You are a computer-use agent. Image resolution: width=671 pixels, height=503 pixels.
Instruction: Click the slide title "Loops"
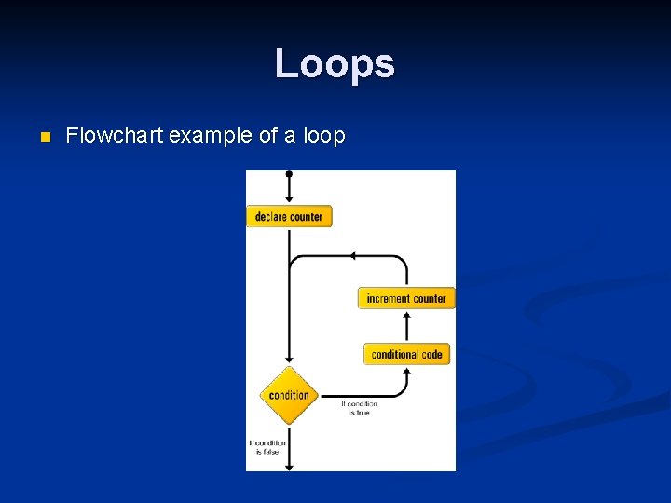335,64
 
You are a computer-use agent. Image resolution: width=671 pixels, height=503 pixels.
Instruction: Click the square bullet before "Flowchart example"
42,137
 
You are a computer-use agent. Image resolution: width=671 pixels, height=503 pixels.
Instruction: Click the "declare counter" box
289,217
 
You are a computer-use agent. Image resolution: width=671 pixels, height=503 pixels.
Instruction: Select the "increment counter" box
406,299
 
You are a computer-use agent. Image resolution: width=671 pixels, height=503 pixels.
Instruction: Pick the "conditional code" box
406,354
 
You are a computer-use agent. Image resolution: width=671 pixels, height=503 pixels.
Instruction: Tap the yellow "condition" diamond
289,395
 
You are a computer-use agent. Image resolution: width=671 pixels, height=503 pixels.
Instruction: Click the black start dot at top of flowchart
289,174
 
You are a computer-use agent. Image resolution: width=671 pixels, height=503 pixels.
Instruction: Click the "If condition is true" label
360,408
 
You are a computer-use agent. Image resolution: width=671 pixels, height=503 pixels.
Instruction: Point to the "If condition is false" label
267,447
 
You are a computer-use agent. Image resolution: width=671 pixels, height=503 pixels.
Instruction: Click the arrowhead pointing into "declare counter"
289,198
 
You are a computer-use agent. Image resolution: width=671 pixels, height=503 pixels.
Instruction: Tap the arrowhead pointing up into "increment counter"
406,315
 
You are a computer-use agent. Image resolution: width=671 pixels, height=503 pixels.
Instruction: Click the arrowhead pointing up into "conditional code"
406,370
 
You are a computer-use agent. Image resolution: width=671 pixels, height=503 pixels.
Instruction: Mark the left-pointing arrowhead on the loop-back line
352,255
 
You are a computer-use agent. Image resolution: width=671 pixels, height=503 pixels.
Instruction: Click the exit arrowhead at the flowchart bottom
289,465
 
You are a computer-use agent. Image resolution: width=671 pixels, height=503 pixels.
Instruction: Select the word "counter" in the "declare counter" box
306,217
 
